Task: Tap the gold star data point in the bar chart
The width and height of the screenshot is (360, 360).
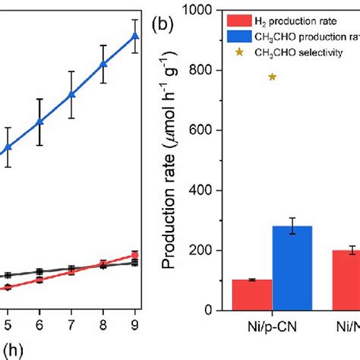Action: pos(272,77)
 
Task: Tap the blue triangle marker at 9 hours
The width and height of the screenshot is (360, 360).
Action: pos(135,36)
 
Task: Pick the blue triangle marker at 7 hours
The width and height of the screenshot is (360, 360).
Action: pos(71,94)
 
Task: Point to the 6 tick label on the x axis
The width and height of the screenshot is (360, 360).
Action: pos(39,321)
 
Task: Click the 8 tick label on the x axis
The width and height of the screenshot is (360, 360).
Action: pos(103,321)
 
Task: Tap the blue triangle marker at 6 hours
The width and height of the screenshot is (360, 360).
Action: pos(39,122)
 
